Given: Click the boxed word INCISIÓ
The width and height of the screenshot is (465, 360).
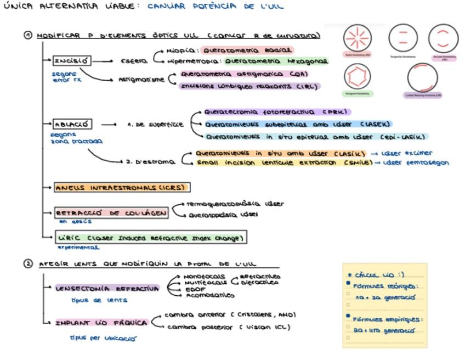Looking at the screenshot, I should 72,61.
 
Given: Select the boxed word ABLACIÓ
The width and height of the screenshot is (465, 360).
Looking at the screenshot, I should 72,124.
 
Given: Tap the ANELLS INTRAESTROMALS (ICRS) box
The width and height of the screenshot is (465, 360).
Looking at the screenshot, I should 121,188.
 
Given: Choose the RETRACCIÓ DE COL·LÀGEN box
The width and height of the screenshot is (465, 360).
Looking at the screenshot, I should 111,213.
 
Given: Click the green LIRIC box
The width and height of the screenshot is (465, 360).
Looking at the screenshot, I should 151,238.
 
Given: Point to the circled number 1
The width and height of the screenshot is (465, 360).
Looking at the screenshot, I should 28,36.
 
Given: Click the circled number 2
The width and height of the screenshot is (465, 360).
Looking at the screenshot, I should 28,263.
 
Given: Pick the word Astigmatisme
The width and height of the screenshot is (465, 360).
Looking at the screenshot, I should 141,80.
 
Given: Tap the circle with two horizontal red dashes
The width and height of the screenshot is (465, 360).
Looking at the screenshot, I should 403,38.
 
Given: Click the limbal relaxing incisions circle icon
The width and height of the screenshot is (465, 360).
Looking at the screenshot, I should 423,78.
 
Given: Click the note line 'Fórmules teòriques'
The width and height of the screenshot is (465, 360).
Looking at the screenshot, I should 379,286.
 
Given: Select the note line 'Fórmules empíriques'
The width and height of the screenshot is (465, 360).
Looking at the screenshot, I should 381,319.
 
